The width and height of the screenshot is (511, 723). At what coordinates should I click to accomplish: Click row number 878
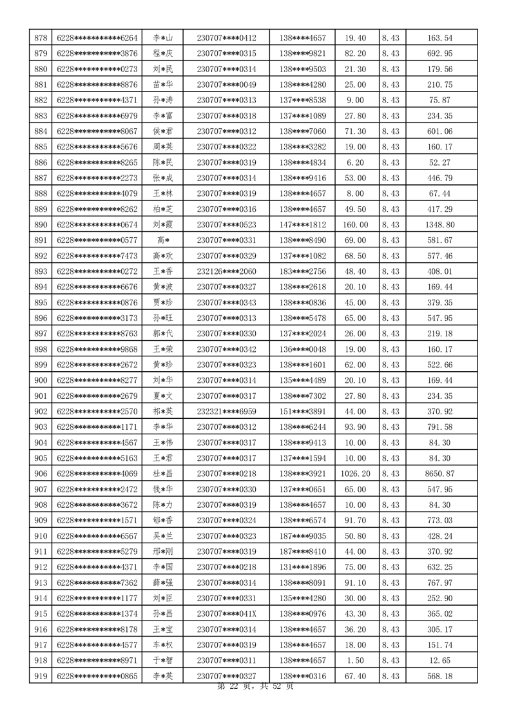(x=41, y=38)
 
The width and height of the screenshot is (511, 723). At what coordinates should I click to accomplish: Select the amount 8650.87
(x=440, y=474)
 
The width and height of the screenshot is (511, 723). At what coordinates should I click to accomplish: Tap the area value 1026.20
(x=355, y=474)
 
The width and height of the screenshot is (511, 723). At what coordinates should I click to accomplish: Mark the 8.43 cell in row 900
(x=390, y=380)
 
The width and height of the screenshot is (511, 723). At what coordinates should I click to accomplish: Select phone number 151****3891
(x=303, y=411)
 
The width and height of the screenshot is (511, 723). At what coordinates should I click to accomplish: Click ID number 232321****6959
(x=226, y=411)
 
